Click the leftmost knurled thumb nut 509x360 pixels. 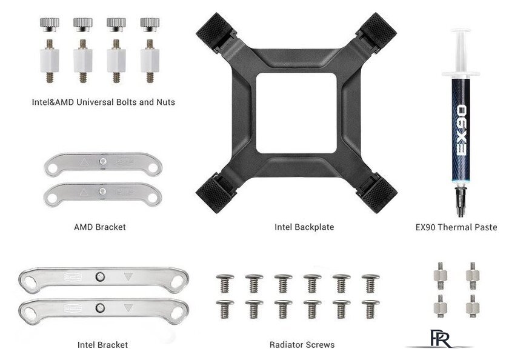coord(49,25)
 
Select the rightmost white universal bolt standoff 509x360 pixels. coord(150,61)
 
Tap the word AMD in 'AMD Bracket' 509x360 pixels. coord(83,227)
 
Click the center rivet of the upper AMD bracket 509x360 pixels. coord(103,161)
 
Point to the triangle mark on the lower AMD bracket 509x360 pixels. coord(84,192)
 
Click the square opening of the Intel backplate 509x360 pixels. coord(296,113)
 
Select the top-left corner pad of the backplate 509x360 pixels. coord(213,30)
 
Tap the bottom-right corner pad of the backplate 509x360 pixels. coord(379,196)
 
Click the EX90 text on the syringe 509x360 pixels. coord(461,130)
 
